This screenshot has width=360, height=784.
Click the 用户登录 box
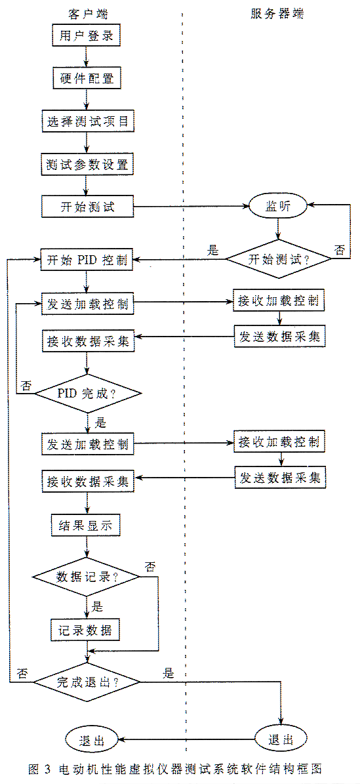click(87, 37)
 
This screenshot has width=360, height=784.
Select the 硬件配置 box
click(87, 79)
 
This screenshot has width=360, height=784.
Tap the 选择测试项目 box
click(87, 121)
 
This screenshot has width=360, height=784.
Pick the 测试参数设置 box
click(87, 164)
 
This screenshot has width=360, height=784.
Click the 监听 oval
click(279, 206)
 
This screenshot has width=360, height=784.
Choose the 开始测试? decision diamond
click(279, 260)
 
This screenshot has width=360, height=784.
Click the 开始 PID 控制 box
click(87, 260)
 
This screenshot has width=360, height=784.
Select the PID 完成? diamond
click(87, 393)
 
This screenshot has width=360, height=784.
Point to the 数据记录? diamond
click(87, 576)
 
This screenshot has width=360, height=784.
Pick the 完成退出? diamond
click(87, 682)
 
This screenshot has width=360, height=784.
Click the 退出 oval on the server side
click(281, 739)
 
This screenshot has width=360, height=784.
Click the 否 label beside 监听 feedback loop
click(340, 250)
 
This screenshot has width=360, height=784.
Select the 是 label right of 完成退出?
click(167, 673)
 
